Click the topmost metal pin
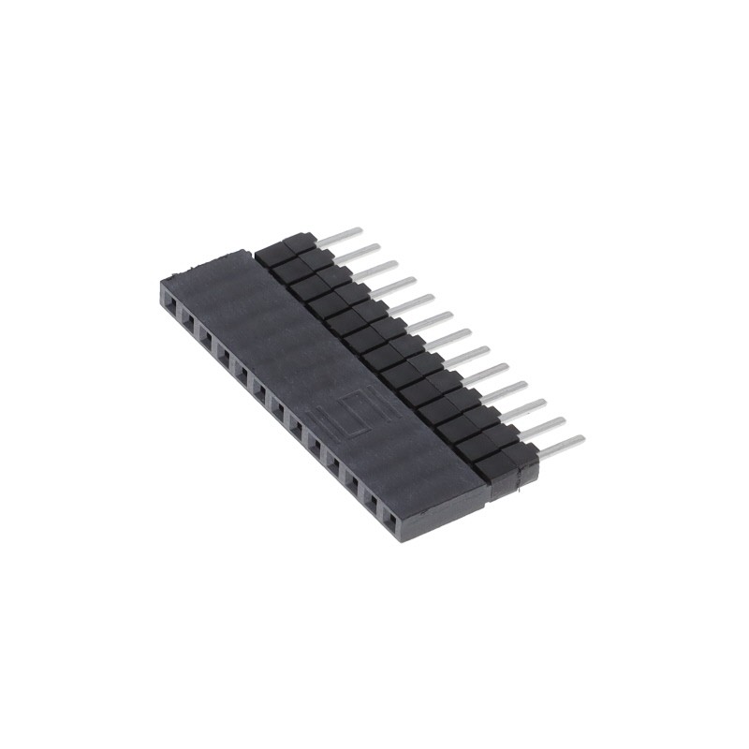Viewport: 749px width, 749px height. [x=339, y=234]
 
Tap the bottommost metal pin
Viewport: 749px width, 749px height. [x=561, y=445]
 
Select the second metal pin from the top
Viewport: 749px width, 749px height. [x=358, y=252]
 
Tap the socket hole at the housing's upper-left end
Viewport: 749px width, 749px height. [x=170, y=301]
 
